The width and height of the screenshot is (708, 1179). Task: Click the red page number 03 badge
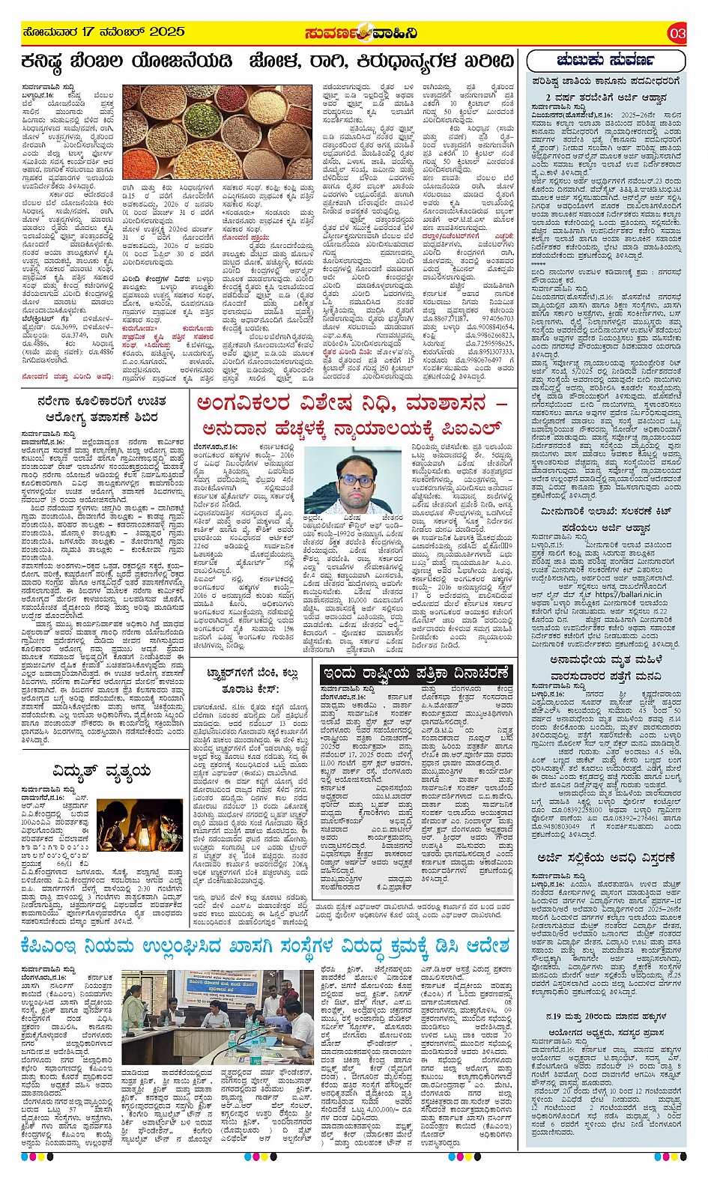pos(677,33)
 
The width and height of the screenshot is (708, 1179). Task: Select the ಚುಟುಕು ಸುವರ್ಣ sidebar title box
pos(605,61)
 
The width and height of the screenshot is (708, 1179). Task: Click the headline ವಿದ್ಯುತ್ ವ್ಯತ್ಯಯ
pos(102,772)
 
